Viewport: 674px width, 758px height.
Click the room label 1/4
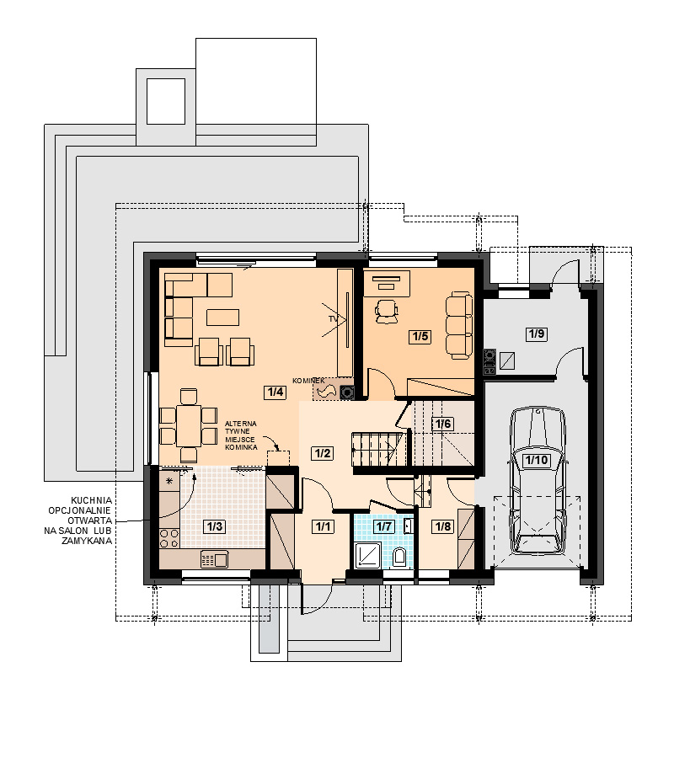(x=275, y=392)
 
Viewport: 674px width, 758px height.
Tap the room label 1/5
(x=420, y=336)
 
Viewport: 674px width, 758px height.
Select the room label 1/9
(x=536, y=334)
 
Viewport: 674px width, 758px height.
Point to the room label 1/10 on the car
(x=536, y=460)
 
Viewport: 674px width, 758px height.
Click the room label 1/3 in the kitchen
(x=215, y=526)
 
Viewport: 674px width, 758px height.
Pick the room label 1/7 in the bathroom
(x=384, y=526)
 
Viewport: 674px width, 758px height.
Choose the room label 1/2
(x=323, y=453)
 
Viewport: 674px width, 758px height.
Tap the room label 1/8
(x=443, y=526)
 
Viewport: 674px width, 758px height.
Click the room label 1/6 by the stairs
(x=442, y=424)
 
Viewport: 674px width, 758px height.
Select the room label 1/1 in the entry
(x=323, y=526)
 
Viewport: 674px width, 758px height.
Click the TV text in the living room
(x=333, y=319)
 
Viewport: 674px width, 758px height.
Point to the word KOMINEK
(x=308, y=381)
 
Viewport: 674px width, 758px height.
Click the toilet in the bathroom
(x=399, y=557)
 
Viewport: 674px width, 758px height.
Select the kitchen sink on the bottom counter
(x=215, y=560)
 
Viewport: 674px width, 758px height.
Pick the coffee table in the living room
(x=223, y=318)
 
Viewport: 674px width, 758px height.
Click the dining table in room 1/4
(x=189, y=426)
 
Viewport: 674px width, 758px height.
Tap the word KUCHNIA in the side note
(x=91, y=500)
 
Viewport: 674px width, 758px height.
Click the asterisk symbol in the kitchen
(x=169, y=481)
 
